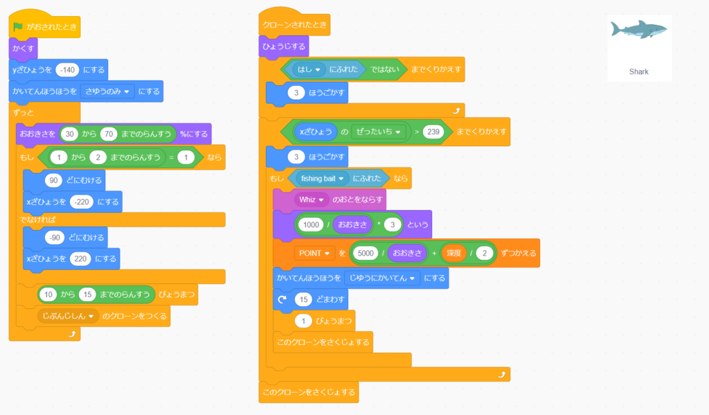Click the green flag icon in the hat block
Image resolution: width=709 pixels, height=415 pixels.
(18, 28)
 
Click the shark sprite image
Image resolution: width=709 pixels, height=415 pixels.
(638, 30)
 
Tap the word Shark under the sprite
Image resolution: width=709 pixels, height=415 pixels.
(638, 71)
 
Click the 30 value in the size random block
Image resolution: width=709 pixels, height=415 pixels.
(69, 134)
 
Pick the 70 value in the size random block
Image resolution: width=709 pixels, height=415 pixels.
(107, 134)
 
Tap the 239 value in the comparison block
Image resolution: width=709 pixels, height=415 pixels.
(433, 132)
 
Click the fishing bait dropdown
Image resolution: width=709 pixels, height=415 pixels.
(322, 178)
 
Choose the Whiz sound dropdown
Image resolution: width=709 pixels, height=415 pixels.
(312, 200)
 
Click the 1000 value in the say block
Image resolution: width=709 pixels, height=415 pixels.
(311, 224)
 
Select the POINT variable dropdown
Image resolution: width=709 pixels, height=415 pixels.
(314, 253)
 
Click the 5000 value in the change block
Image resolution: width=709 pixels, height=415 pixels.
(366, 253)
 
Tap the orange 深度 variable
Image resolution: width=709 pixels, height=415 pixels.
(454, 253)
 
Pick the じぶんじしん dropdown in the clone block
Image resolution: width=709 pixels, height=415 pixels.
(67, 316)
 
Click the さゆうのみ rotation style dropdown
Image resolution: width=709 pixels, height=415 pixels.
(107, 91)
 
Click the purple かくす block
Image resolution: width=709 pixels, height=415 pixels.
(24, 48)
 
